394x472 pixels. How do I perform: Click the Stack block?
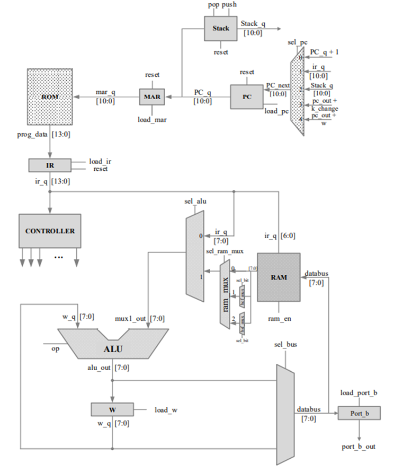coord(220,28)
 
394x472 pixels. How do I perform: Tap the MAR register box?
coord(153,97)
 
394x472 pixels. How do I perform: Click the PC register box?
coord(246,97)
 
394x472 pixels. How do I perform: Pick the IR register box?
coord(50,165)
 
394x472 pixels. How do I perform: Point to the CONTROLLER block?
coord(50,231)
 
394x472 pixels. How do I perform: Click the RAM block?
coord(279,277)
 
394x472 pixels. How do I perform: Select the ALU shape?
coord(112,348)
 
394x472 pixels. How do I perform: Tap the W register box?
coord(112,409)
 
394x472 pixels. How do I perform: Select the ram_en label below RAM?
coord(279,319)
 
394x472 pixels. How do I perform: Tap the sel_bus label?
coord(285,345)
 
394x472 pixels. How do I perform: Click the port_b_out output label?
coord(359,447)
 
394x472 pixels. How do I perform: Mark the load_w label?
coord(166,409)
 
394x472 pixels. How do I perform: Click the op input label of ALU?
coord(55,349)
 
